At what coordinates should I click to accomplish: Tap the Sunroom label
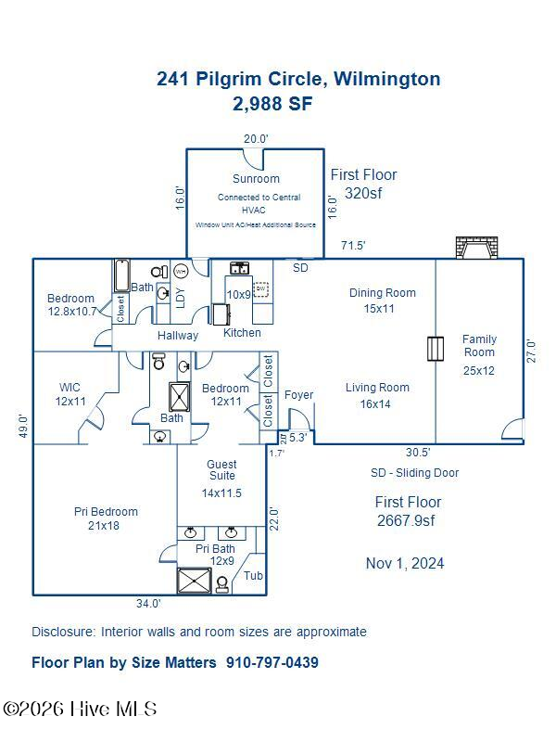tap(256, 178)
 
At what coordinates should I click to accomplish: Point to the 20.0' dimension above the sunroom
tap(256, 139)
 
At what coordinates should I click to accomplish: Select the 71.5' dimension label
tap(352, 246)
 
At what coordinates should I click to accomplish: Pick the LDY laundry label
tap(181, 297)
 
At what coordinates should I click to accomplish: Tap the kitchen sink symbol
tap(239, 269)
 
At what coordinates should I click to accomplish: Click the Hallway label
tap(177, 336)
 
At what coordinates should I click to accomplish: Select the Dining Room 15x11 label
tap(382, 301)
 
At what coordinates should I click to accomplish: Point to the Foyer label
tap(298, 395)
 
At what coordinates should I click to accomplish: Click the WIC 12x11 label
tap(70, 394)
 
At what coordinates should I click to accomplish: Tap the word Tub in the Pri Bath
tap(253, 576)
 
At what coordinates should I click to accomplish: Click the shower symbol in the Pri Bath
tap(195, 582)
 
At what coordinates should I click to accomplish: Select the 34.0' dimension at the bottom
tap(148, 604)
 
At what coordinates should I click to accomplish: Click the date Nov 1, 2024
tap(404, 563)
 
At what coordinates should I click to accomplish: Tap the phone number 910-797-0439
tap(272, 662)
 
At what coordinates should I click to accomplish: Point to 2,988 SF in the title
tap(272, 103)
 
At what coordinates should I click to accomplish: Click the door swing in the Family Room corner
tap(512, 429)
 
